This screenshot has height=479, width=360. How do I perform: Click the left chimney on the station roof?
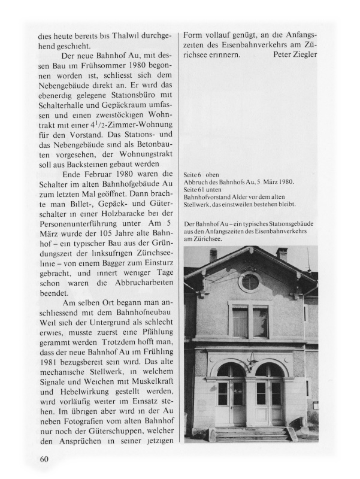[213, 255]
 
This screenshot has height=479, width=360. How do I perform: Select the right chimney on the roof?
[282, 254]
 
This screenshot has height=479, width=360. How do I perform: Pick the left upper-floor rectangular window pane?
[240, 322]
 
